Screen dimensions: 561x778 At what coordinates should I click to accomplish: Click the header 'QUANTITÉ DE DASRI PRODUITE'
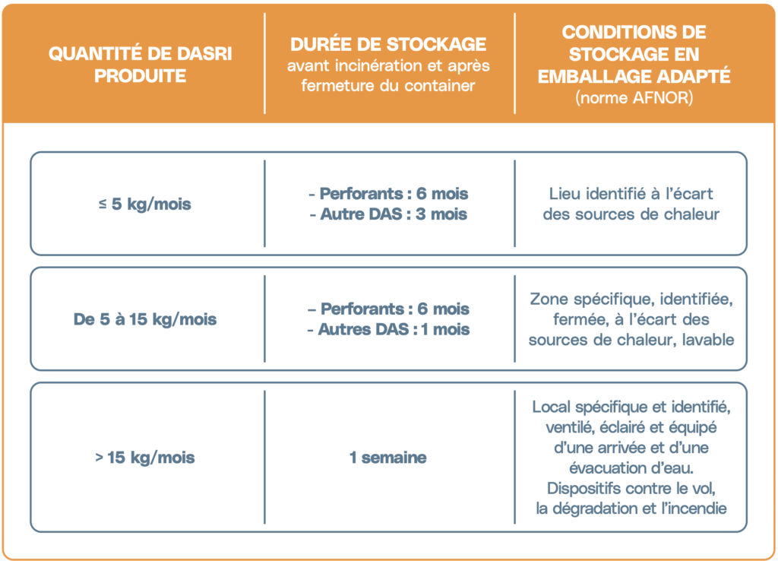(x=140, y=65)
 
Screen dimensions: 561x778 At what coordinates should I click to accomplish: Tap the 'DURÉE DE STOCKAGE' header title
(x=388, y=44)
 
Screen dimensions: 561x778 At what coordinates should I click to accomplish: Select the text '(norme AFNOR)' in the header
(x=634, y=98)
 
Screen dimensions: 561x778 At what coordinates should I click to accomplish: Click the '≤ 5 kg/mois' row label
(x=144, y=204)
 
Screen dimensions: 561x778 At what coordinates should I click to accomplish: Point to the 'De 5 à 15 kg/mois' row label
(x=144, y=319)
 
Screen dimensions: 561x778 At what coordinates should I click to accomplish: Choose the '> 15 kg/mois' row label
(x=144, y=458)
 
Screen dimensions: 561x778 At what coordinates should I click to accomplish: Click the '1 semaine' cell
(x=388, y=458)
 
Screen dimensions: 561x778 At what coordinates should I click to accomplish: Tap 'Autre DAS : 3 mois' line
(x=388, y=214)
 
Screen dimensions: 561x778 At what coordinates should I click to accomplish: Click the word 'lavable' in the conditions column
(x=707, y=340)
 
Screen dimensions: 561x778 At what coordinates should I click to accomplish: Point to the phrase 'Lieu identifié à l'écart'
(x=631, y=194)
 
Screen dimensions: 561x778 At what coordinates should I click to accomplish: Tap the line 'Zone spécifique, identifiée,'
(x=631, y=299)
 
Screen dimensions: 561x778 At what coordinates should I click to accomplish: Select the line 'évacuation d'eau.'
(x=631, y=467)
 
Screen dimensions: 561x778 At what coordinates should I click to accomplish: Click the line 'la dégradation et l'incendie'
(x=631, y=508)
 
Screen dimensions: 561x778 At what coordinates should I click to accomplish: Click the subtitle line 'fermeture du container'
(x=388, y=86)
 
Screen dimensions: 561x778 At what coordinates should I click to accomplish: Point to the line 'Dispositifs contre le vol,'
(x=631, y=488)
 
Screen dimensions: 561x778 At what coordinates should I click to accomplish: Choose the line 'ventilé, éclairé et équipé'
(x=631, y=427)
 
